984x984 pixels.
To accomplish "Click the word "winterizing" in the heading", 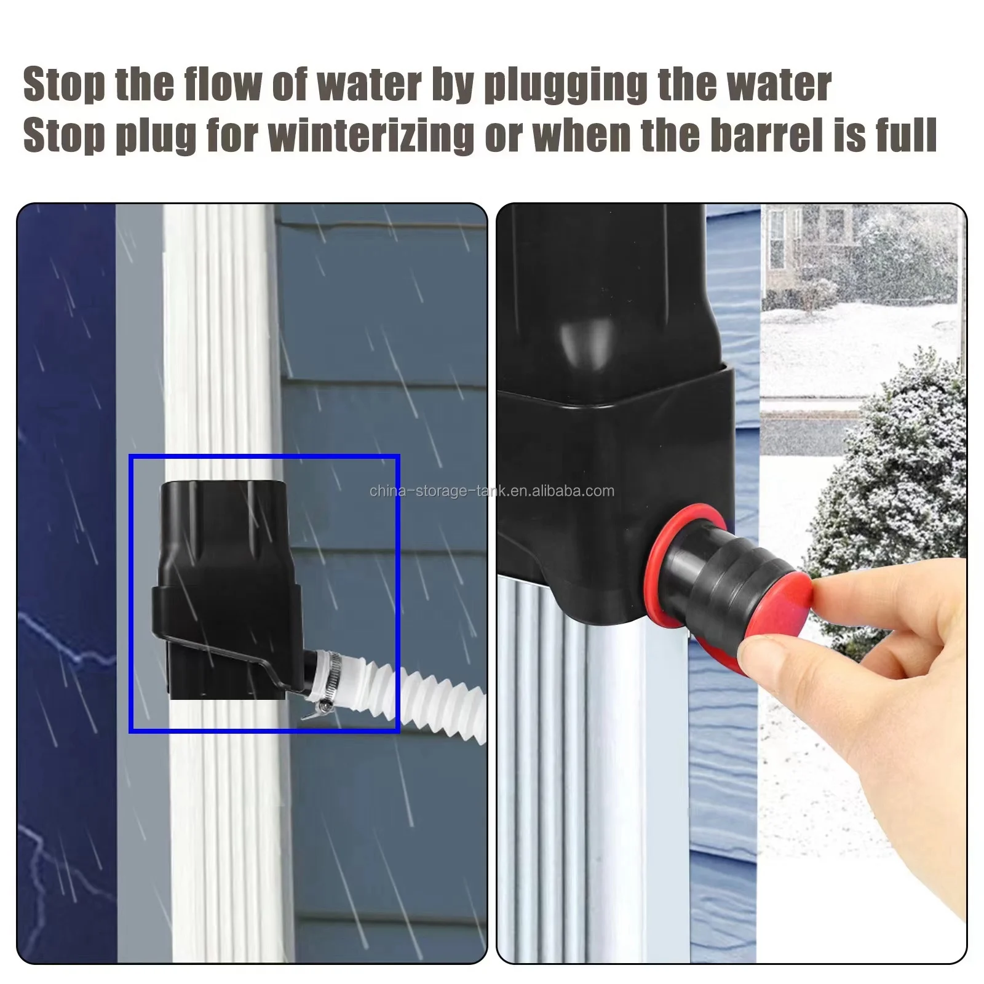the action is pos(371,135).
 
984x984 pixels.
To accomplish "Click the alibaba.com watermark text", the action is pos(492,491).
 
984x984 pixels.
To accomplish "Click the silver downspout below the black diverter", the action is pos(590,769).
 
